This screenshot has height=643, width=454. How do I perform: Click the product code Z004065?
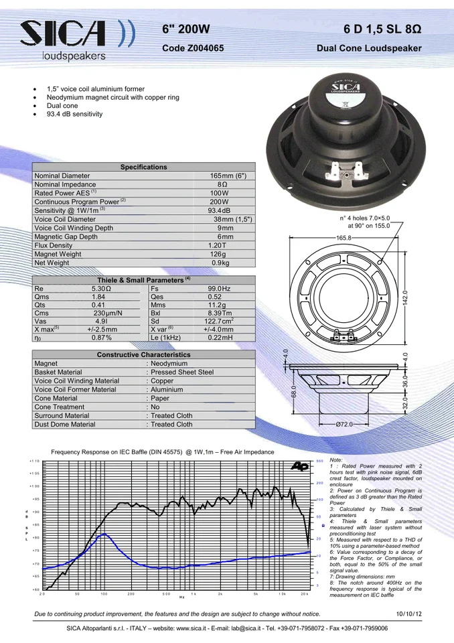tap(194, 49)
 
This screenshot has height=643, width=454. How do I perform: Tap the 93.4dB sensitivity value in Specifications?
tap(220, 211)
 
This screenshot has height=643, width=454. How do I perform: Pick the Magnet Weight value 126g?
tap(218, 255)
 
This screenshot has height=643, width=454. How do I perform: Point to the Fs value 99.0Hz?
tap(219, 289)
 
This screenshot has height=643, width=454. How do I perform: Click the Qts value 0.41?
tap(99, 305)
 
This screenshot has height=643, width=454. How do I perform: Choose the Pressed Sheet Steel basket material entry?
tap(179, 372)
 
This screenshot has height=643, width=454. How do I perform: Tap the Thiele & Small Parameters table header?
tap(144, 279)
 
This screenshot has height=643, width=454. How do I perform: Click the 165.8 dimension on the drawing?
tap(344, 238)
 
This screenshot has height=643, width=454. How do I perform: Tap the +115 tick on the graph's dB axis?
tap(34, 461)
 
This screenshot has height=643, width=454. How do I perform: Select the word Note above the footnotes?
tap(337, 460)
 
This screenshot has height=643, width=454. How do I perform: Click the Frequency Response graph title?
tap(163, 452)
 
